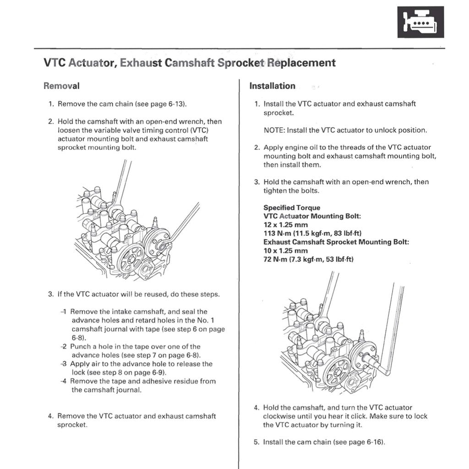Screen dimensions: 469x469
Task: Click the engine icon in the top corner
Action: [420, 22]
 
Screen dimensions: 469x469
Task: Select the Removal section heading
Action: [61, 86]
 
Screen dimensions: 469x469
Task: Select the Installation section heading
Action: [272, 86]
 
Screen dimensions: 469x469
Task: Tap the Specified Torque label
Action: [292, 207]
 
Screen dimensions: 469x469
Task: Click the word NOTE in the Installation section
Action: [274, 130]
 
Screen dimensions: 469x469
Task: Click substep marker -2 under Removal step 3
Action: [64, 347]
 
